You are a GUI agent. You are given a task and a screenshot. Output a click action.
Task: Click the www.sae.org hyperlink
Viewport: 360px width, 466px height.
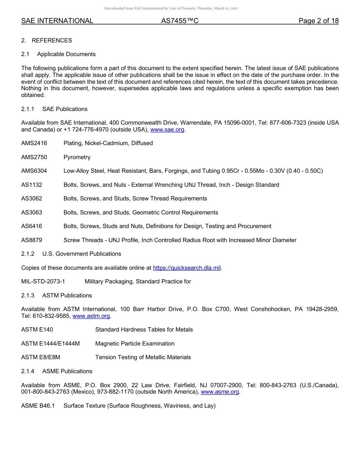[167, 130]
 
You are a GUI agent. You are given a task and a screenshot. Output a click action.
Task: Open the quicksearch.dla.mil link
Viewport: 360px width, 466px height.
[186, 268]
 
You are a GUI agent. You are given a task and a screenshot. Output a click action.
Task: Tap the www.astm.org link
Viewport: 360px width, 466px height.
[91, 316]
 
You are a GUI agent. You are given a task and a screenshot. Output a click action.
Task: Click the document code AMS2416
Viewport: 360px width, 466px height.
[34, 143]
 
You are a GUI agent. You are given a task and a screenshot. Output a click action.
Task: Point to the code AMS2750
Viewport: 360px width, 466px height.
[34, 157]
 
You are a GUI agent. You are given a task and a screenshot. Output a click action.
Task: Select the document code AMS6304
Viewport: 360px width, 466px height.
[34, 171]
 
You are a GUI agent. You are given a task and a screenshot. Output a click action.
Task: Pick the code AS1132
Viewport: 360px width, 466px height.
[32, 185]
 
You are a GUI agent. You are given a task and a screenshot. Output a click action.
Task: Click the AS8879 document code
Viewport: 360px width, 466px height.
[32, 240]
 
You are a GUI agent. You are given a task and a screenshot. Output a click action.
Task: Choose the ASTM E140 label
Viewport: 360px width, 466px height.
[37, 330]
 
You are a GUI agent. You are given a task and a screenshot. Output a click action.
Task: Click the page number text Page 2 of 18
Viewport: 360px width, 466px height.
[318, 21]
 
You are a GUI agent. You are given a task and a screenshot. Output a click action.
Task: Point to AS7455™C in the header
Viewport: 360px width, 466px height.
[180, 21]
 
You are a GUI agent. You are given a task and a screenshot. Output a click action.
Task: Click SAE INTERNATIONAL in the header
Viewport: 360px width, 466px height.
[57, 21]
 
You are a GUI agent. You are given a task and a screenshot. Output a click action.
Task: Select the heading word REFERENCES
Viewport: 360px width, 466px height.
[52, 41]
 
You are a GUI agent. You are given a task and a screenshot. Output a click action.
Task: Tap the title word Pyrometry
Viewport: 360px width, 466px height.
[77, 157]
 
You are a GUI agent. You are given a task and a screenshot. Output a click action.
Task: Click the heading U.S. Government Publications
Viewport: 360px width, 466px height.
[82, 254]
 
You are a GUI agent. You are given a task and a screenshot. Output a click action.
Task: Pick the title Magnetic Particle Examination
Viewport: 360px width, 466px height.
[135, 344]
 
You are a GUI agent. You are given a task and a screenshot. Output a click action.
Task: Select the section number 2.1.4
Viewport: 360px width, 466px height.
[28, 371]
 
